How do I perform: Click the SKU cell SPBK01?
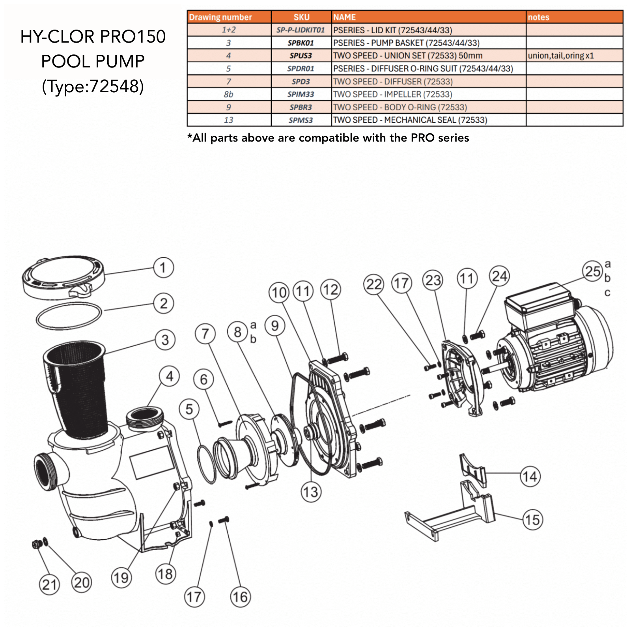301,43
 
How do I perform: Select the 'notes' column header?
538,17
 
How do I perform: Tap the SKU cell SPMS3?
301,120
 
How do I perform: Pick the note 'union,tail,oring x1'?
560,56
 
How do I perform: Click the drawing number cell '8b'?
228,94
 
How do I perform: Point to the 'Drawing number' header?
220,17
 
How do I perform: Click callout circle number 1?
163,268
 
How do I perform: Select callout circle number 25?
592,271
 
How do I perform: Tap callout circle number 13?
311,492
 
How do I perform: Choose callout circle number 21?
49,584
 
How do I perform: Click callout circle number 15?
532,519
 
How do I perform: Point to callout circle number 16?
240,597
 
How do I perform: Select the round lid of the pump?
63,276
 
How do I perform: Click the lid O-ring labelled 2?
69,315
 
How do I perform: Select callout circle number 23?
433,280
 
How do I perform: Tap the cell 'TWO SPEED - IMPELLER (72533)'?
392,94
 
